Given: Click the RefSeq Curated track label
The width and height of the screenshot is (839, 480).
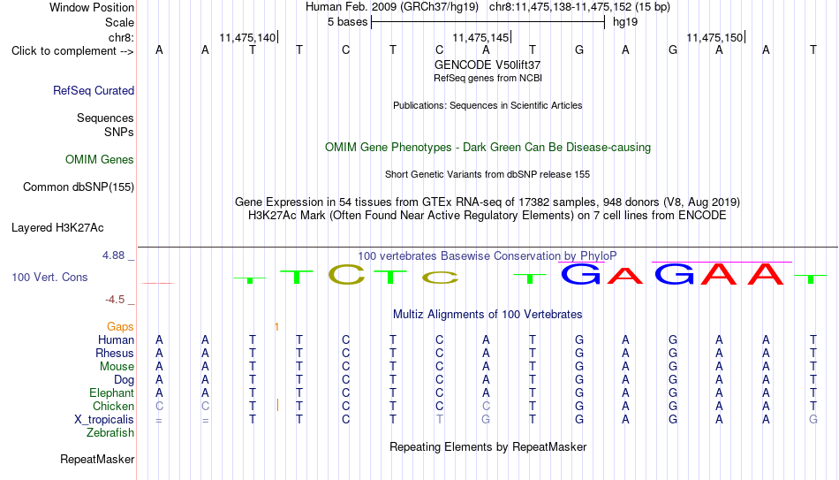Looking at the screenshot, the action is (94, 90).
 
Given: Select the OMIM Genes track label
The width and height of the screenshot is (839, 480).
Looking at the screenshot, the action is (100, 160).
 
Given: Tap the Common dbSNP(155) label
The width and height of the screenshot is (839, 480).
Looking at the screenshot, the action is (79, 187).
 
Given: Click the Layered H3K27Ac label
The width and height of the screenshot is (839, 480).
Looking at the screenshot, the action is (57, 228).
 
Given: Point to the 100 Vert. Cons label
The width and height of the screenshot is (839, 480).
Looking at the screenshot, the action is (49, 277).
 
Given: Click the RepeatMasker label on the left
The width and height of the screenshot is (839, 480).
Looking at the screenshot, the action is (97, 459).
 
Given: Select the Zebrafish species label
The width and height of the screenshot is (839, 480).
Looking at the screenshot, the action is (110, 432).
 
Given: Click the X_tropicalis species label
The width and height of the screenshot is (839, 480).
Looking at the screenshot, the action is (104, 420).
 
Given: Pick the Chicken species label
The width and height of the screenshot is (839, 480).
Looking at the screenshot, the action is (113, 406).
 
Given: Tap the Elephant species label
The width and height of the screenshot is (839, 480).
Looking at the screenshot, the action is (112, 392).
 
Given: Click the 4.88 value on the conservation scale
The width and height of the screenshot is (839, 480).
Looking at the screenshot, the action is (113, 255).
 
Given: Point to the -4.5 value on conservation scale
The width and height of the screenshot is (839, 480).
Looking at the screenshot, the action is (115, 300).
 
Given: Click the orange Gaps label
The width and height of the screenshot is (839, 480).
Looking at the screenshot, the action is (120, 327).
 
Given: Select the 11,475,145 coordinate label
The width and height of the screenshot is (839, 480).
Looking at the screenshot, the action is (480, 37).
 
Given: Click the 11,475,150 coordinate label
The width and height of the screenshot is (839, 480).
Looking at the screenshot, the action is (714, 37).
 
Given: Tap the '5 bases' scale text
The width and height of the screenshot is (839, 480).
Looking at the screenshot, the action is (348, 22).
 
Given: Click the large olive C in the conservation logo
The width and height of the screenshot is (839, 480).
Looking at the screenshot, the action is (346, 274).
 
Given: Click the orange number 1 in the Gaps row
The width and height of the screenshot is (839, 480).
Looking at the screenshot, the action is (276, 327).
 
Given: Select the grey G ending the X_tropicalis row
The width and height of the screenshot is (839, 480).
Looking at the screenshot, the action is (813, 420).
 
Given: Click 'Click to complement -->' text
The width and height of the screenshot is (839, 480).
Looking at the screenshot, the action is (72, 51).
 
